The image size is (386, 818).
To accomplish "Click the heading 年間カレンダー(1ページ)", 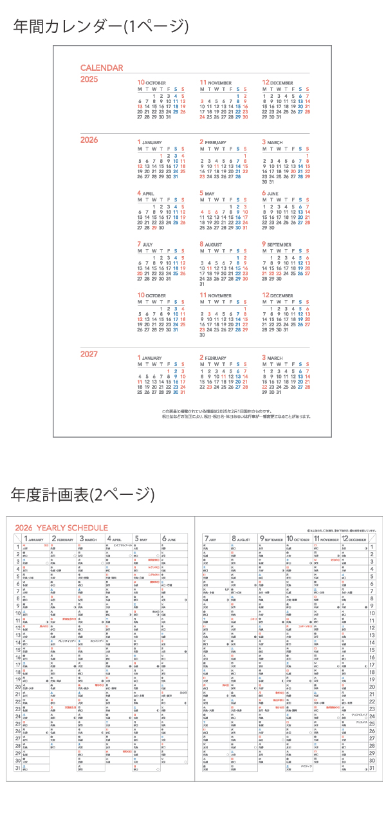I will pos(102,26).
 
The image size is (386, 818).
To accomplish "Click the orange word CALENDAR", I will pos(102,68).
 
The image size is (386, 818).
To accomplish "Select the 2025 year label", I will pos(89,79).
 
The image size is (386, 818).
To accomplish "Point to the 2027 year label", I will pos(89,354).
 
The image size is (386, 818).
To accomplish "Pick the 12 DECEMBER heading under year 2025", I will pos(277,83).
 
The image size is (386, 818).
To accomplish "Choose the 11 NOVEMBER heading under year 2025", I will pos(216,83).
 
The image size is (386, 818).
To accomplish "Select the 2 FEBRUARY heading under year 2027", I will pos(213,357).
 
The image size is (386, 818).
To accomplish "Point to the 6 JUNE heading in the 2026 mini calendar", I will pos(270,193).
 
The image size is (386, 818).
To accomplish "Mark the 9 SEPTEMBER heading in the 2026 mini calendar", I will pos(276,245).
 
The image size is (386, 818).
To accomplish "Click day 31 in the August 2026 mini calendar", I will pos(202,284).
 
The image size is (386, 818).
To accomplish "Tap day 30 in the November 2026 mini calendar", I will pos(202,335).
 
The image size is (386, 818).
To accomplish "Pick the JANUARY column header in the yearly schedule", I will pos(35,539).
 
